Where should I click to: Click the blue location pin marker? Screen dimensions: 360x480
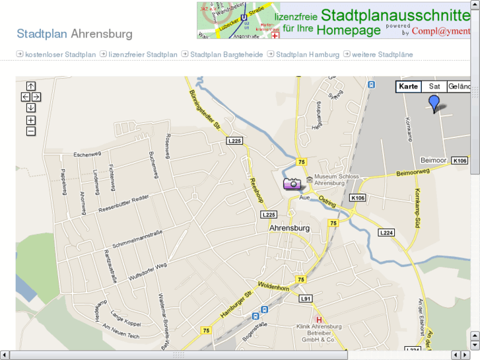pos(433,103)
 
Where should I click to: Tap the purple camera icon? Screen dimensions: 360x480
pos(292,184)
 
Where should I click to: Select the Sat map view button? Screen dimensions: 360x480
pos(434,87)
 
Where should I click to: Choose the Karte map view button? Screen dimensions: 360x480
pos(409,87)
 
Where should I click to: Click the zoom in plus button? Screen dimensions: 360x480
pos(31,120)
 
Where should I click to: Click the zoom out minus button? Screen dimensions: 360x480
pos(31,131)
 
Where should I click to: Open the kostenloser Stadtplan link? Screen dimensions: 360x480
pos(60,54)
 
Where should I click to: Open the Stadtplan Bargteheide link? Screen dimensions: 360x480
pos(226,54)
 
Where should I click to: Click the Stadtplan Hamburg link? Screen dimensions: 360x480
pos(308,54)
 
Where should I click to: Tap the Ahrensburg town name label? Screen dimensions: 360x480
pos(289,228)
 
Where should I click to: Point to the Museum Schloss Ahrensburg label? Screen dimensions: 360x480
pos(337,180)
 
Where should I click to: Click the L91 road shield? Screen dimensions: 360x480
pos(305,299)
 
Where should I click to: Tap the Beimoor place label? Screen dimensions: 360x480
pos(434,161)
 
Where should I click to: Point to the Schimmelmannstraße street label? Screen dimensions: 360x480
pos(138,238)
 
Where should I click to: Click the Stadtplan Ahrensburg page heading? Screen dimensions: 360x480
pos(75,34)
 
